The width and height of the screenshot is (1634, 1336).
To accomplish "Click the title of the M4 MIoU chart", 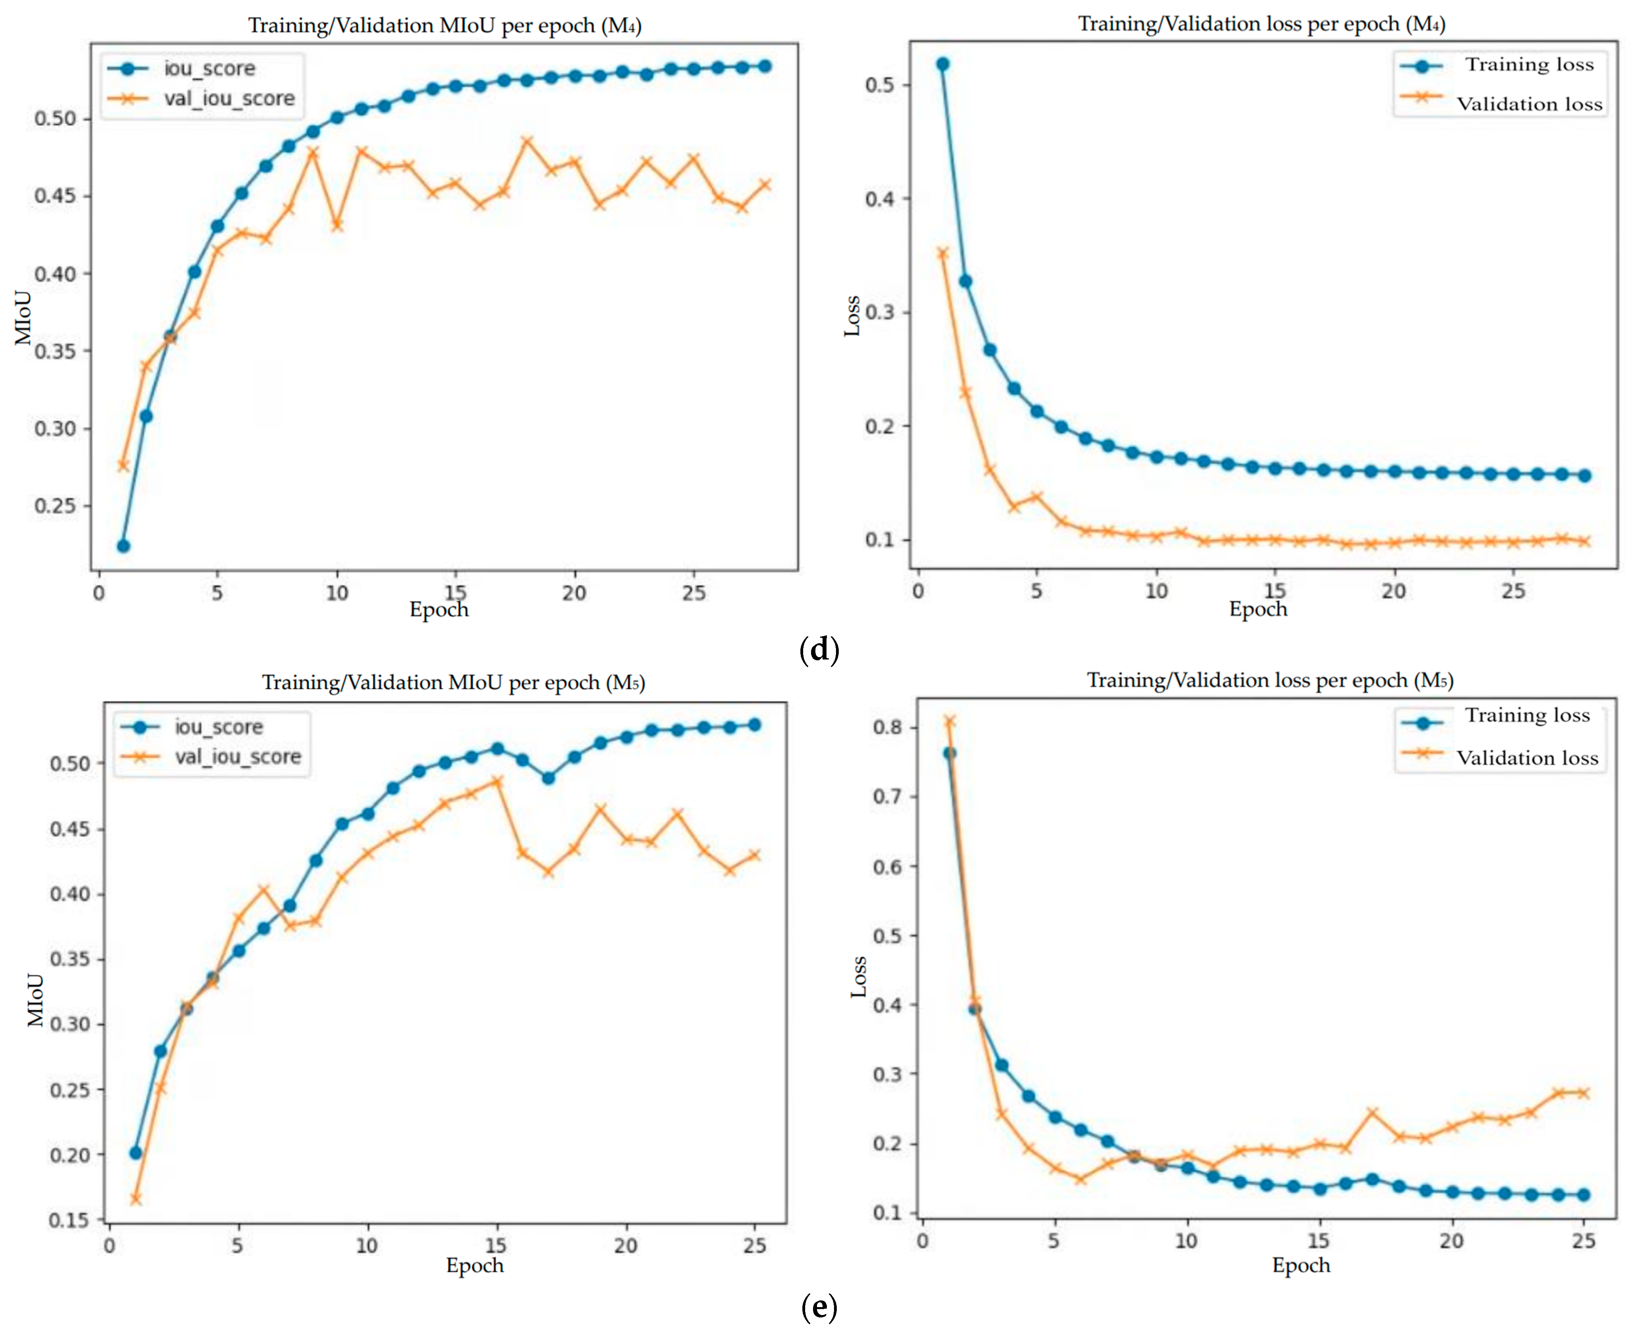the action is point(445,25).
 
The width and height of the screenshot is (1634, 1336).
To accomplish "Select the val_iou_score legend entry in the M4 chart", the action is point(202,99).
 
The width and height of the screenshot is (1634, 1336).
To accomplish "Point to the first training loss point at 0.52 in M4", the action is point(942,64).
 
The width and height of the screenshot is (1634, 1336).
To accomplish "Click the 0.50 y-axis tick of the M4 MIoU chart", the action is point(55,119).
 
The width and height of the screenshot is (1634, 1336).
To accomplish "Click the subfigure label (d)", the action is point(819,650).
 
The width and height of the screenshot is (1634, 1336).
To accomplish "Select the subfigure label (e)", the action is point(819,1307).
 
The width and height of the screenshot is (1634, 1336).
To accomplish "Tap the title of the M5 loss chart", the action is point(1270,680).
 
